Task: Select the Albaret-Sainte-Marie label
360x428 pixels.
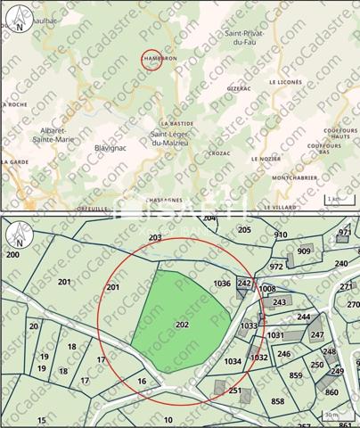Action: coord(53,135)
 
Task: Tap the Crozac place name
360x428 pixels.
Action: coord(218,153)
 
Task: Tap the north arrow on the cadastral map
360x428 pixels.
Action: coord(19,235)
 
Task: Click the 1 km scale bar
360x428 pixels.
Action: coord(334,199)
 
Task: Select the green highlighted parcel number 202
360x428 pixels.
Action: coord(182,325)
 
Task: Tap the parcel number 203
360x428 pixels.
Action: coord(155,237)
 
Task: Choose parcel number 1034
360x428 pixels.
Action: coord(233,361)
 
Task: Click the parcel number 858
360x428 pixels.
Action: coord(278,402)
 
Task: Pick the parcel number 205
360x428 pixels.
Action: coord(245,229)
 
